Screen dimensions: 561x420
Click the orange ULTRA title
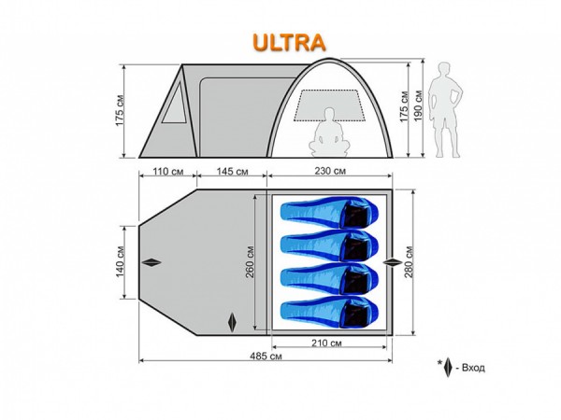[289, 43]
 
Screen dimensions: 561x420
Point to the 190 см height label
[418, 106]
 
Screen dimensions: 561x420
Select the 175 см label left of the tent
[120, 110]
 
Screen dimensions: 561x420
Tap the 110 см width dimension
[168, 172]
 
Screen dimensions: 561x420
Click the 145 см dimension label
[232, 172]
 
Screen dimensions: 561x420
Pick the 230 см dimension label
[330, 171]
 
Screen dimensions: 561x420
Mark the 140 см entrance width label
[120, 261]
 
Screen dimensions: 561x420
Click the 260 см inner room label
[249, 261]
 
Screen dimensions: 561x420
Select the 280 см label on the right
[409, 261]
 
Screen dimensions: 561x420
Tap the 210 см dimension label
[326, 343]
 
